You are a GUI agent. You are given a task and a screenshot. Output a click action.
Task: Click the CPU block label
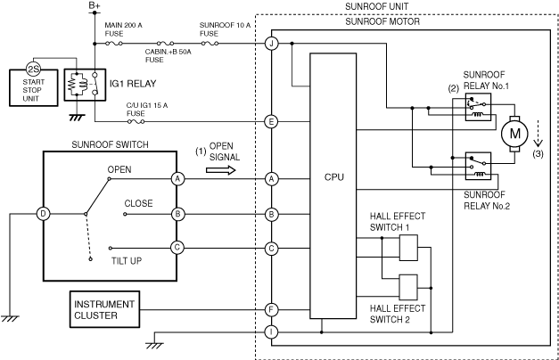tap(334, 177)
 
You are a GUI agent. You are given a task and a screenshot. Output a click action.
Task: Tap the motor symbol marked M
tap(514, 134)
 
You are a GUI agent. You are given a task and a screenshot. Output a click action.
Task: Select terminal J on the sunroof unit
tap(271, 44)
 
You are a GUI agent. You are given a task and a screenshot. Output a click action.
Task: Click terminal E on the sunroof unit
tap(271, 122)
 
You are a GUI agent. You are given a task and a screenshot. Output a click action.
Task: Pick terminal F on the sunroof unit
tap(271, 310)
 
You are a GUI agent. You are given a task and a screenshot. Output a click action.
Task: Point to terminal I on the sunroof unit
tap(271, 332)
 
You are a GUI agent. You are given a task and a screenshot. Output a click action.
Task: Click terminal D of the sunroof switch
tap(43, 214)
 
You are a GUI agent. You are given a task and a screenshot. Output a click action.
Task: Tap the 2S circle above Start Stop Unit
tap(34, 70)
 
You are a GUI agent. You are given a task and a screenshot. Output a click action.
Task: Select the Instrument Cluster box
tap(104, 309)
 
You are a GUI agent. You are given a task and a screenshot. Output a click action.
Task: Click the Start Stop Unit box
tap(34, 88)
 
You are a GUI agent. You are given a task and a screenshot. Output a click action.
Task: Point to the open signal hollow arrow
tap(221, 170)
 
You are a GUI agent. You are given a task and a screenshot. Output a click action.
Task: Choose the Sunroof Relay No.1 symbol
tap(478, 107)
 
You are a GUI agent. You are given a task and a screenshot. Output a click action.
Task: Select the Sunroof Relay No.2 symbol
tap(478, 166)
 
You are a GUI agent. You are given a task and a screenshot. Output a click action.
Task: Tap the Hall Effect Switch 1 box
tap(408, 248)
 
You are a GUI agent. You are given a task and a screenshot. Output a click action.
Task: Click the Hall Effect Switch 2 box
tap(408, 287)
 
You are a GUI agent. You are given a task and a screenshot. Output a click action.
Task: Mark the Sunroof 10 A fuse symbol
tap(210, 44)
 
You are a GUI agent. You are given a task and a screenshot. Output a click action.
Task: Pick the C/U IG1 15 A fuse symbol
tap(136, 121)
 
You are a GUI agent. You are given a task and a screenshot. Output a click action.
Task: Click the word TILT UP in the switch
tap(127, 261)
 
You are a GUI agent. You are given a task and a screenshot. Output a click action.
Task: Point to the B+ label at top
tap(95, 5)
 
